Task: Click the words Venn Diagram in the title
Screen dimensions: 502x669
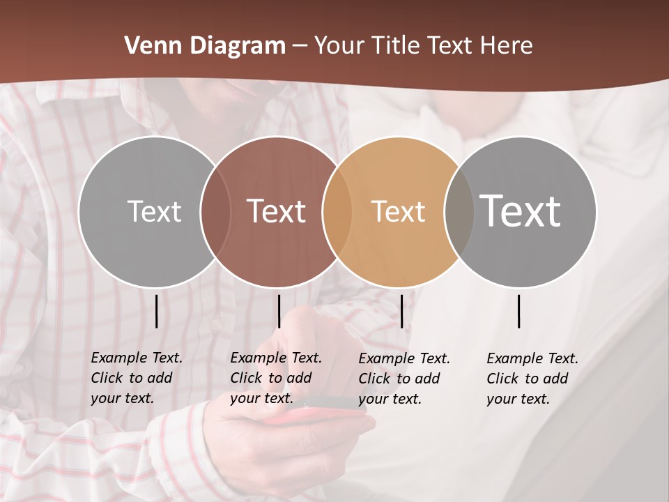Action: coord(205,46)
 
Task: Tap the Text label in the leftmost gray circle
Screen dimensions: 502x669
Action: coord(154,211)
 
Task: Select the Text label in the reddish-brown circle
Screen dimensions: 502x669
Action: coord(276,211)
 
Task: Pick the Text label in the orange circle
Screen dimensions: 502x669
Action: coord(398,211)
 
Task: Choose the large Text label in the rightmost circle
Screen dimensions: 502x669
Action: coord(520,211)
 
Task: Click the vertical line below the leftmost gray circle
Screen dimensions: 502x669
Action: coord(157,311)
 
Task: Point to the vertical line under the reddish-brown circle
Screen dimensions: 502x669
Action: coord(279,311)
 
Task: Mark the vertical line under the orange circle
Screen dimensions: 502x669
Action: coord(401,311)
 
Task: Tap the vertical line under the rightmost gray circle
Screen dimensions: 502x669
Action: coord(519,311)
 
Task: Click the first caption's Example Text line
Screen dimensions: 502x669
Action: coord(137,358)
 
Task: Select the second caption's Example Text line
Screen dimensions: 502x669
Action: coord(276,358)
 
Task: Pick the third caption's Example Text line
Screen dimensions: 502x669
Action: coord(404,358)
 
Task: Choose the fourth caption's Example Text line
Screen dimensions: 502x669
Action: coord(532,358)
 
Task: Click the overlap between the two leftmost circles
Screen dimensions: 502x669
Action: coord(215,211)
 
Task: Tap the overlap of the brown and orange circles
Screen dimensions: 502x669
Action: coord(335,211)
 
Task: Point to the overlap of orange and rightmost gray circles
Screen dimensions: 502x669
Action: coord(458,211)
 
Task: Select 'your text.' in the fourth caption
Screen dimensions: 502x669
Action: coord(518,399)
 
